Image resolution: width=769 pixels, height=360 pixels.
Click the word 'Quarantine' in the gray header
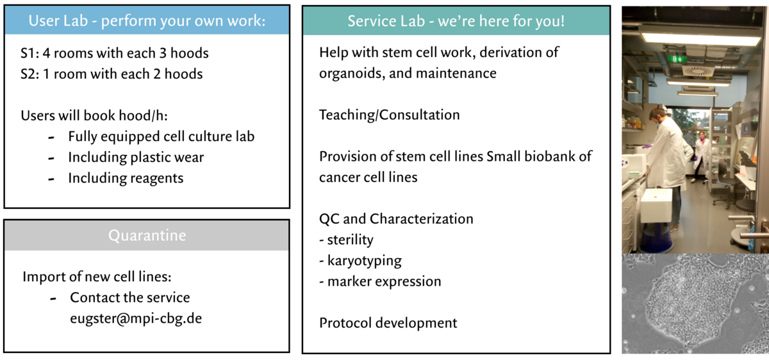[x=147, y=236]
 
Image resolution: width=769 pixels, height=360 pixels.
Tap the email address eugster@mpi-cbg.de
[x=136, y=318]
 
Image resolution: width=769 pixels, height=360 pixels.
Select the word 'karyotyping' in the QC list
[x=365, y=261]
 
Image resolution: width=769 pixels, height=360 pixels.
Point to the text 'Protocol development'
[x=388, y=323]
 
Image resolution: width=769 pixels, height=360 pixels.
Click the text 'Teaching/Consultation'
[x=390, y=115]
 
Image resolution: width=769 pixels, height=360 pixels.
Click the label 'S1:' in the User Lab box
[x=30, y=53]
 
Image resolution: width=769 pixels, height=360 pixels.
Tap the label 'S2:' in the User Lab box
[x=30, y=74]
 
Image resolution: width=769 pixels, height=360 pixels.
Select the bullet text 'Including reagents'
[x=126, y=179]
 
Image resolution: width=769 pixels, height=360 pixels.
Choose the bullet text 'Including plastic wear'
[x=136, y=158]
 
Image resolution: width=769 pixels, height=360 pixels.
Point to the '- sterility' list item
[x=346, y=240]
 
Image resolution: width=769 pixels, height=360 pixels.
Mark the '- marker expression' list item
[x=380, y=281]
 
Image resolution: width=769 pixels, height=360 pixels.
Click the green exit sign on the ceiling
[x=677, y=59]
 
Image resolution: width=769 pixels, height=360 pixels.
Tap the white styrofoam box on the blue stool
[x=656, y=206]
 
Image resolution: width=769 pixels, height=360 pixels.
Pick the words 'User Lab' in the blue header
[x=58, y=20]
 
